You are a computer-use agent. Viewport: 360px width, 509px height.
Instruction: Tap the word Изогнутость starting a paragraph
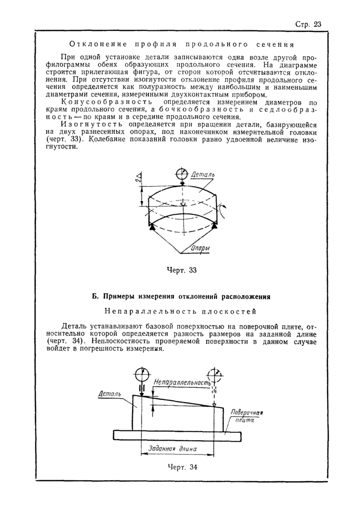point(84,125)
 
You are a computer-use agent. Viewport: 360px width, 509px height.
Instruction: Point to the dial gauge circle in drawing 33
point(182,173)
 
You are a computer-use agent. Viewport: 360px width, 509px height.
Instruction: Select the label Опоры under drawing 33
point(200,249)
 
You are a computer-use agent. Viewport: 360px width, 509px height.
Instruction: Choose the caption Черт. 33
point(183,270)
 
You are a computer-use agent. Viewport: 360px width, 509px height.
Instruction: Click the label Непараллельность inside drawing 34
point(183,384)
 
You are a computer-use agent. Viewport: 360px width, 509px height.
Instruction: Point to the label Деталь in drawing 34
point(109,394)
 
